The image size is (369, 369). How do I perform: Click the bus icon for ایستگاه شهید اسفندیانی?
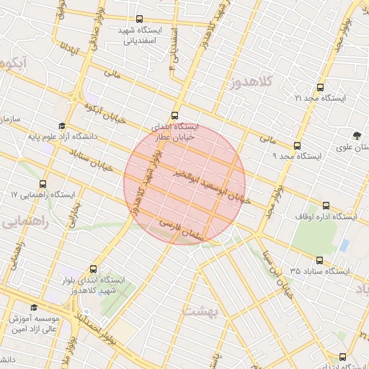139,21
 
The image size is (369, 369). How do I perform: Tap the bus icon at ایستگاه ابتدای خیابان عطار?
174,115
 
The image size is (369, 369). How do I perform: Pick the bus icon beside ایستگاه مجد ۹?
298,145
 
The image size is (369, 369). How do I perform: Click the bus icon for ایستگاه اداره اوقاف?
326,205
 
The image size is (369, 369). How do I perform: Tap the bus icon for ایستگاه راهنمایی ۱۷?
43,184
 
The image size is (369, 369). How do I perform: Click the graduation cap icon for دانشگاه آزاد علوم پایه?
62,125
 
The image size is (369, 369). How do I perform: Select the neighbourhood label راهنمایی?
25,221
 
